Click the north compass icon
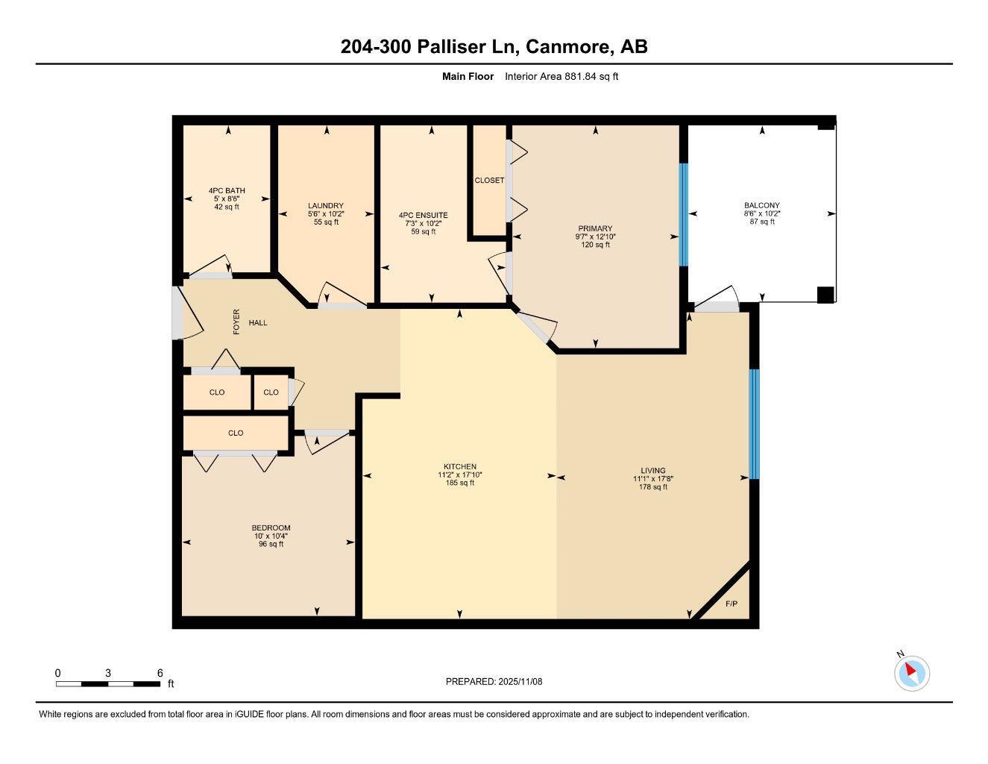911,673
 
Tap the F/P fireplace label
731,604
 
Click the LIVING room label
652,471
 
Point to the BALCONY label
761,206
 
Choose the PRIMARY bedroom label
595,229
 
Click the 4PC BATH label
227,191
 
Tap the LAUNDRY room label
326,206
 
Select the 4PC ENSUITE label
424,216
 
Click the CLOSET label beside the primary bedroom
489,181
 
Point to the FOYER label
236,322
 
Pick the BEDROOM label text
271,528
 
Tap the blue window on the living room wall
753,423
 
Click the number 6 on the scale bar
160,673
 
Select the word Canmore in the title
567,46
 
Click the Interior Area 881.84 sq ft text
561,76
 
